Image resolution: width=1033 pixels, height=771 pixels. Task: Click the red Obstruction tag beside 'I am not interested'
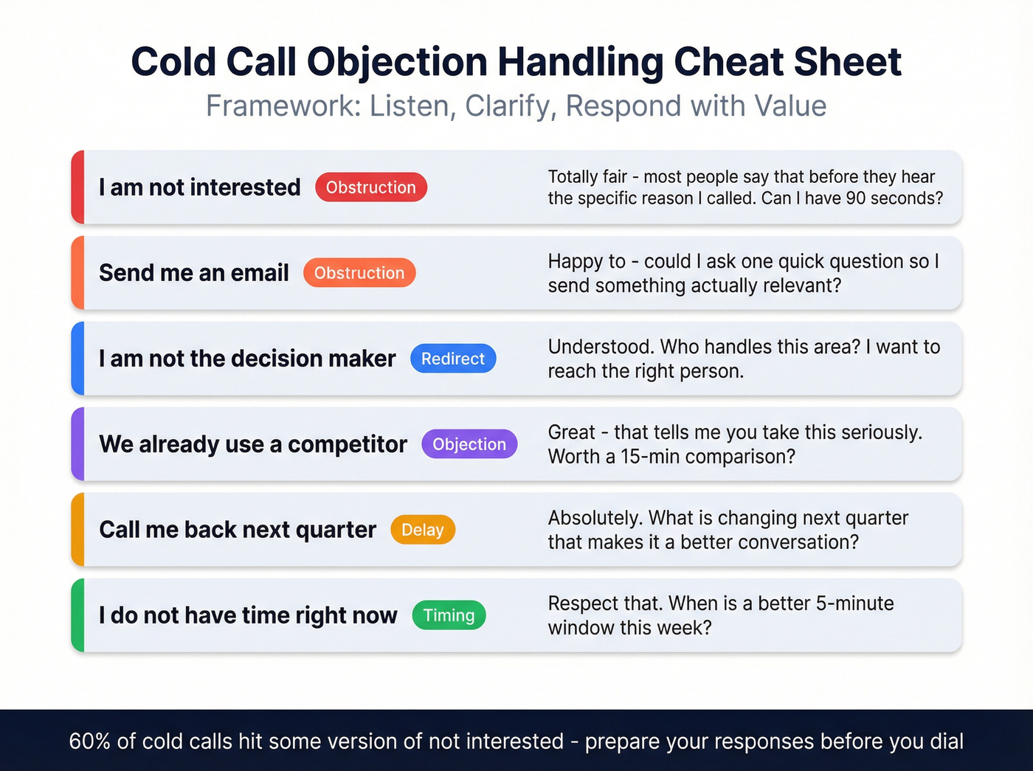(370, 187)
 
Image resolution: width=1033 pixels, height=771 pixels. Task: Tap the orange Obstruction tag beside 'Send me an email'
(359, 273)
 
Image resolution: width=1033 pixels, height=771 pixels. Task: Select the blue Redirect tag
(453, 359)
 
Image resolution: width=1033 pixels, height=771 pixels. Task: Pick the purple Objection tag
(469, 444)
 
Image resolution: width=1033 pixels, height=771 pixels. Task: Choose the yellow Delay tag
(423, 530)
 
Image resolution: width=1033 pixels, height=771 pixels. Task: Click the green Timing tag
(449, 615)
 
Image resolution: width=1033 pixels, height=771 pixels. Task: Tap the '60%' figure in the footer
(89, 741)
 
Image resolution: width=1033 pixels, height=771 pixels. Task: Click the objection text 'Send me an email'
(194, 273)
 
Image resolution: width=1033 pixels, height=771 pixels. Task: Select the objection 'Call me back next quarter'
(238, 530)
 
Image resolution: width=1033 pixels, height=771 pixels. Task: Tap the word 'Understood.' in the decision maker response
(601, 347)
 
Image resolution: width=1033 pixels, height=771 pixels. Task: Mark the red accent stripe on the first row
(77, 187)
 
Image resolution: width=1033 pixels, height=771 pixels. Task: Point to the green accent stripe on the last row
(77, 615)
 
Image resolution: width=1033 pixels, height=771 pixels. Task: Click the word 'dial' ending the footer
(946, 741)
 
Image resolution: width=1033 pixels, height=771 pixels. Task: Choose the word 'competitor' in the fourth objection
(347, 444)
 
